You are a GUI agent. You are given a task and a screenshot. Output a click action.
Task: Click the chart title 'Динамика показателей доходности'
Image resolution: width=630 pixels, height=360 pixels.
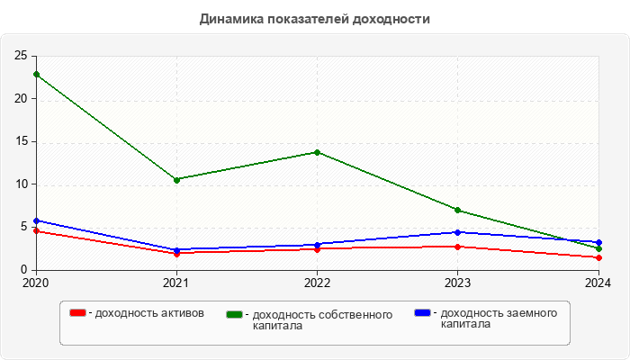(x=315, y=18)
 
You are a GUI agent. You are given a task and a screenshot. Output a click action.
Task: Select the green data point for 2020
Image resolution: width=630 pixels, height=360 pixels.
(x=36, y=74)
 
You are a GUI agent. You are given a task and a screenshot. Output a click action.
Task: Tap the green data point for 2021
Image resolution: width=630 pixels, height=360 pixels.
(x=176, y=180)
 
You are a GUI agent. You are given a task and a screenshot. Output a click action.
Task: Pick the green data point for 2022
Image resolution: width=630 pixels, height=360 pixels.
(x=317, y=152)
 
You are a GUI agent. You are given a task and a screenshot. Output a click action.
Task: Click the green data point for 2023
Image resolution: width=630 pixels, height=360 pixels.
(x=457, y=211)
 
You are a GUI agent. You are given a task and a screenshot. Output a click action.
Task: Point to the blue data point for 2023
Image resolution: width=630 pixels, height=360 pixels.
(x=457, y=232)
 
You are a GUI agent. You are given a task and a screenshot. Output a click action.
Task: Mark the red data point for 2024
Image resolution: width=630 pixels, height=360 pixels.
(x=598, y=257)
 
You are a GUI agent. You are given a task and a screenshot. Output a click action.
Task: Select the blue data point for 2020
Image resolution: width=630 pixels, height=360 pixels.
(x=36, y=220)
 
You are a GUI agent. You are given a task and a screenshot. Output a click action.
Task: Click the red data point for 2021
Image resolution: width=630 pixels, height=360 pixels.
(x=176, y=254)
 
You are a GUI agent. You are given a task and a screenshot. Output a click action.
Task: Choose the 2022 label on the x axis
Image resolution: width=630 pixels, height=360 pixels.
(x=317, y=283)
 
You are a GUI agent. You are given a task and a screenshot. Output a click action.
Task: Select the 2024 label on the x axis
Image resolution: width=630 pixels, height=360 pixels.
(x=598, y=283)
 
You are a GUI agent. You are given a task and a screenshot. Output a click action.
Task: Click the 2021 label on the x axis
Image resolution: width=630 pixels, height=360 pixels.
(x=176, y=283)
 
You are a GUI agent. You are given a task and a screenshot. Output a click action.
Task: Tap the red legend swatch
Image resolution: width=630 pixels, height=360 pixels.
(x=78, y=313)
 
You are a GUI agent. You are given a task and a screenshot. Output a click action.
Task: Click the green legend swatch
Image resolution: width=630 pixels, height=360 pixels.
(x=235, y=314)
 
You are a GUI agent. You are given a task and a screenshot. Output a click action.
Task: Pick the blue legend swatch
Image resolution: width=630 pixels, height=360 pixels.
(x=422, y=313)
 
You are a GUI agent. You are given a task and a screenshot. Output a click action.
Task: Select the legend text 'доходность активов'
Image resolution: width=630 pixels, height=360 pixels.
(x=149, y=313)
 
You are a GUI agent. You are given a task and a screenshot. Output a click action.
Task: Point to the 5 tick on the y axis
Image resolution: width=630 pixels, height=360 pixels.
(x=24, y=228)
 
